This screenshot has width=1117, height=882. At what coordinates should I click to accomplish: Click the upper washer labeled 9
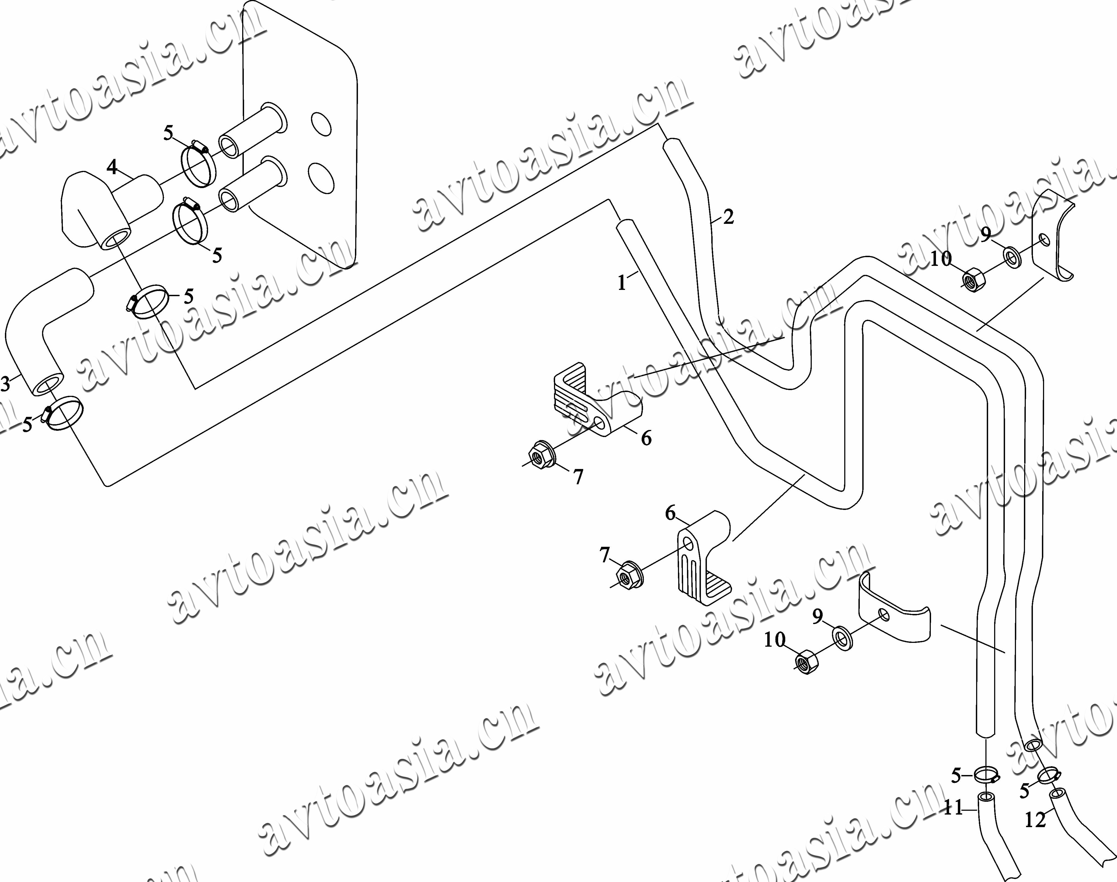click(x=1012, y=257)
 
